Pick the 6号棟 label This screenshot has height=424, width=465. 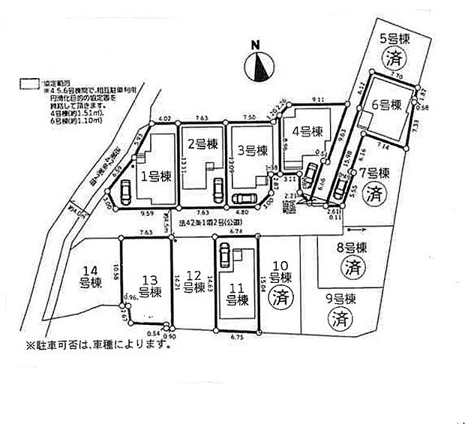point(388,104)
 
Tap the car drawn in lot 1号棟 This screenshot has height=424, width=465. point(125,195)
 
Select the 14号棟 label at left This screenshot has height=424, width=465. point(91,278)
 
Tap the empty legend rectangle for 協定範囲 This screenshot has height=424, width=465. point(29,84)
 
